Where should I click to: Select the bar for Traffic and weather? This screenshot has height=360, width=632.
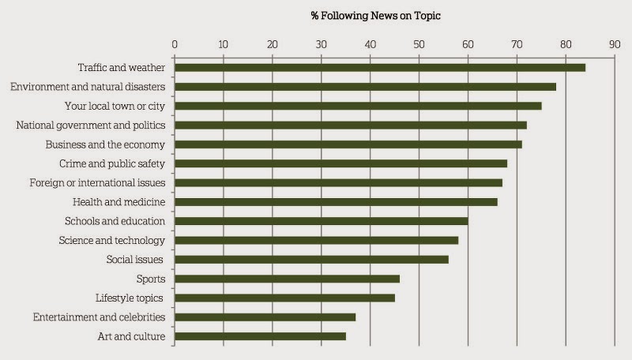379,67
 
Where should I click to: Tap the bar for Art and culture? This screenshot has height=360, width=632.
260,336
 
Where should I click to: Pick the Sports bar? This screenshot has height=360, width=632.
287,279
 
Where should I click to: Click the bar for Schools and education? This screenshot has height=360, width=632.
321,221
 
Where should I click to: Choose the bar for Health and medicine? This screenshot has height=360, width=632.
336,202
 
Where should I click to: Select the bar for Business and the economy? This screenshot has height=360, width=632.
348,144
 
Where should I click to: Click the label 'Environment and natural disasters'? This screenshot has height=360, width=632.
87,87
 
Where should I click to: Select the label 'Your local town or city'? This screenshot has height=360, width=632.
115,106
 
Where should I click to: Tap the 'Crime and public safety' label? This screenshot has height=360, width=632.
112,163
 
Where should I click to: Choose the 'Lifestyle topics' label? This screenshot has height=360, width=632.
129,298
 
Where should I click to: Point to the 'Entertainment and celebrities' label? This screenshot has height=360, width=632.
99,317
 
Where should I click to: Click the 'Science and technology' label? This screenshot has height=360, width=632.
112,240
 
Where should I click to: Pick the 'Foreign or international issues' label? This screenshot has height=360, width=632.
97,182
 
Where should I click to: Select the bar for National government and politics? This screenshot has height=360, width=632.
350,125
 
